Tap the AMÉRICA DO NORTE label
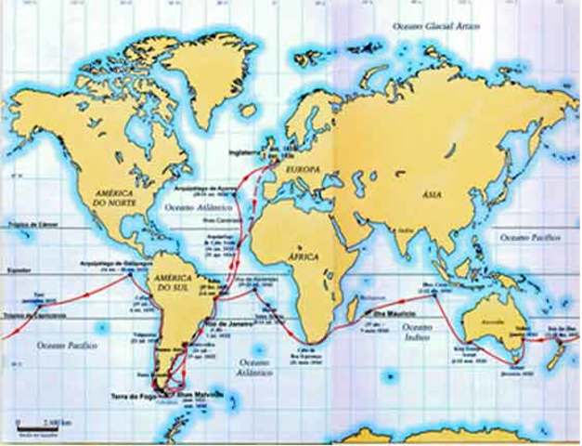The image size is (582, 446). click(x=115, y=197)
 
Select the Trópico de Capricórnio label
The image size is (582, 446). click(x=28, y=309)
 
